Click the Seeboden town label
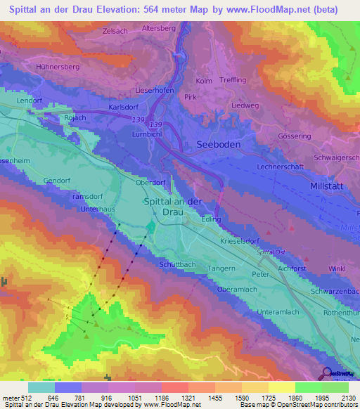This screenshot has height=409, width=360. click(215, 143)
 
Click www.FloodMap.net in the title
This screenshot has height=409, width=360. click(269, 10)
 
